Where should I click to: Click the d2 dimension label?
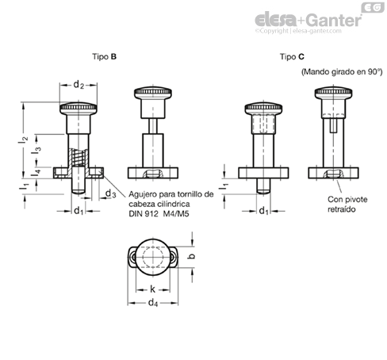[x=79, y=85]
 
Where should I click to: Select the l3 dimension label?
[x=36, y=151]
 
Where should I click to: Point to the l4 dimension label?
[x=36, y=173]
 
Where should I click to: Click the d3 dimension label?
[x=110, y=193]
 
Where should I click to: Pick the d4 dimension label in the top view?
[x=153, y=302]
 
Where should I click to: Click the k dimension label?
[x=152, y=289]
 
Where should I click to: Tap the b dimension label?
[x=192, y=256]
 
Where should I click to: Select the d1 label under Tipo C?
[x=264, y=211]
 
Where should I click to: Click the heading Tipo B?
[x=104, y=56]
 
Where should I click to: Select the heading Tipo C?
[x=292, y=56]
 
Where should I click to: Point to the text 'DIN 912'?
[x=144, y=213]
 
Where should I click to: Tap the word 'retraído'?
[x=342, y=209]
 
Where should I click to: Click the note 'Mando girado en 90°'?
[x=342, y=72]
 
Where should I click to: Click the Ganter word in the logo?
[x=335, y=20]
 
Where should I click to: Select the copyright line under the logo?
[x=298, y=31]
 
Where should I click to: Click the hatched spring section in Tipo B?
[x=79, y=158]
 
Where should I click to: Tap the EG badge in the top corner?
[x=373, y=7]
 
